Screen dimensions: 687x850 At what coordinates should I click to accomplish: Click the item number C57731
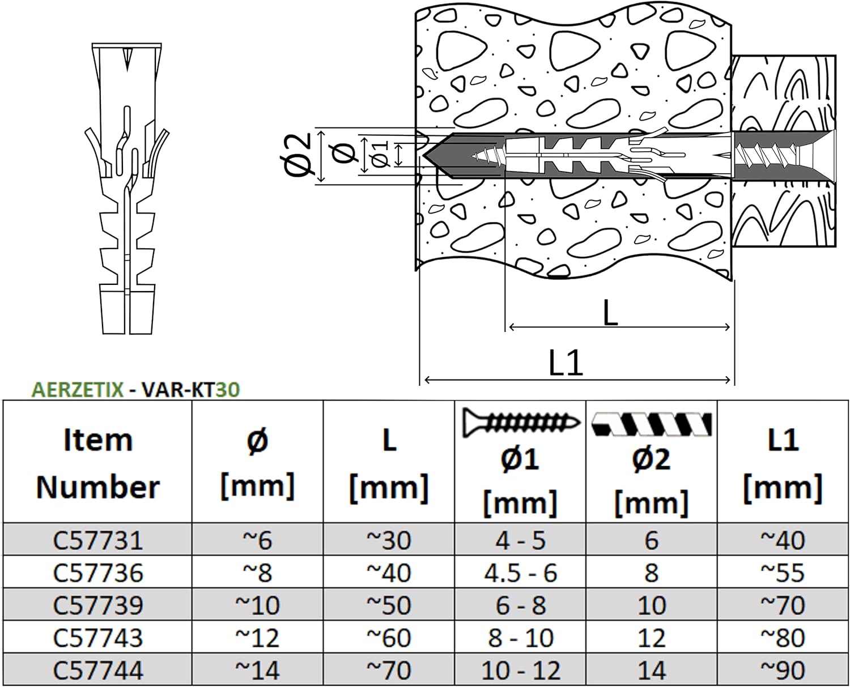97,540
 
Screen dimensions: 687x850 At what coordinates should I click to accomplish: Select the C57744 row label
97,671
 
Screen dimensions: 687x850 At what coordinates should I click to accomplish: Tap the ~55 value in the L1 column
783,573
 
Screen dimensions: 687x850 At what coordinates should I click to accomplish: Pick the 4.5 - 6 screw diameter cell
520,573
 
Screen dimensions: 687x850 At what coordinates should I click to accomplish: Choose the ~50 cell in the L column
389,605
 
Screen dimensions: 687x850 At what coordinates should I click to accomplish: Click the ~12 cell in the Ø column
257,638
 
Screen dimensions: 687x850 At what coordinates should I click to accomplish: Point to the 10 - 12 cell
520,671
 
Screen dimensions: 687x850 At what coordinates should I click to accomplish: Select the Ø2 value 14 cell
651,671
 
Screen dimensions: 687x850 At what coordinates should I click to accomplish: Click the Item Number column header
97,463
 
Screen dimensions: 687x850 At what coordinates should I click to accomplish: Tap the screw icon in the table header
520,423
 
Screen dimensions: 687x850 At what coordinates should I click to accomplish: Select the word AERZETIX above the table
78,390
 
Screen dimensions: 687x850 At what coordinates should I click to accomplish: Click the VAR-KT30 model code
190,390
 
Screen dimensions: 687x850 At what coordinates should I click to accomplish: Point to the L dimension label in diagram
610,312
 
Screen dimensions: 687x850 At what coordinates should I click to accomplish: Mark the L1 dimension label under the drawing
566,362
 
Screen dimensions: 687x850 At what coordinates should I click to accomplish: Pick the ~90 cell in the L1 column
783,671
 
